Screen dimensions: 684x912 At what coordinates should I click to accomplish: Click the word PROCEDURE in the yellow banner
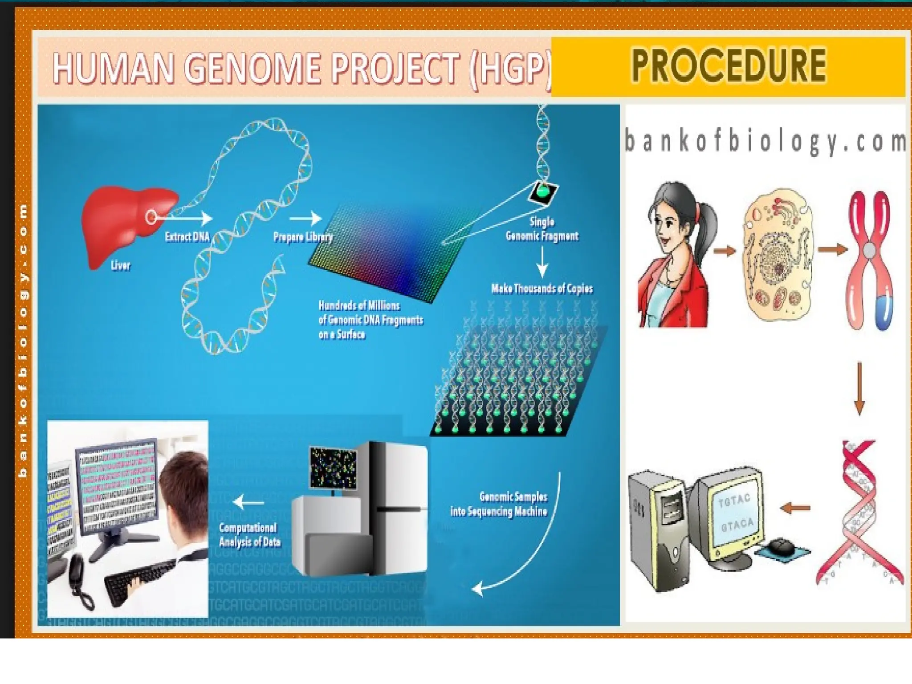[729, 66]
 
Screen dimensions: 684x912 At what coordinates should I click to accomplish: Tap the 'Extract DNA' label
[187, 236]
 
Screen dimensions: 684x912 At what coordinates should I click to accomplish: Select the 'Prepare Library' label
[303, 236]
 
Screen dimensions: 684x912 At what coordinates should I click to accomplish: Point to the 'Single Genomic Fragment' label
[542, 229]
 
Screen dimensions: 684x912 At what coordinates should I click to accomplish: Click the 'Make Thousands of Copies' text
[542, 289]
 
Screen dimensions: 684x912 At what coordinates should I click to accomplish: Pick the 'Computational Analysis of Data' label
[249, 535]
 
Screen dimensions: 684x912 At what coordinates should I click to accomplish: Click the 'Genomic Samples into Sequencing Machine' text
[499, 504]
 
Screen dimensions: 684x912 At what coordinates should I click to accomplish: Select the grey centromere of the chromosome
[869, 251]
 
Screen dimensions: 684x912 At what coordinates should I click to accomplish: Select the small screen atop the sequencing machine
[333, 468]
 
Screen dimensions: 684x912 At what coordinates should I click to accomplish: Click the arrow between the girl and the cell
[725, 251]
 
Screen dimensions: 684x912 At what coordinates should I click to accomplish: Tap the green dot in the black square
[543, 191]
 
